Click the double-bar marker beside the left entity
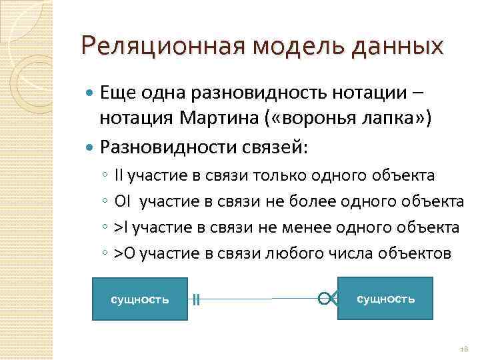[196, 300]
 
